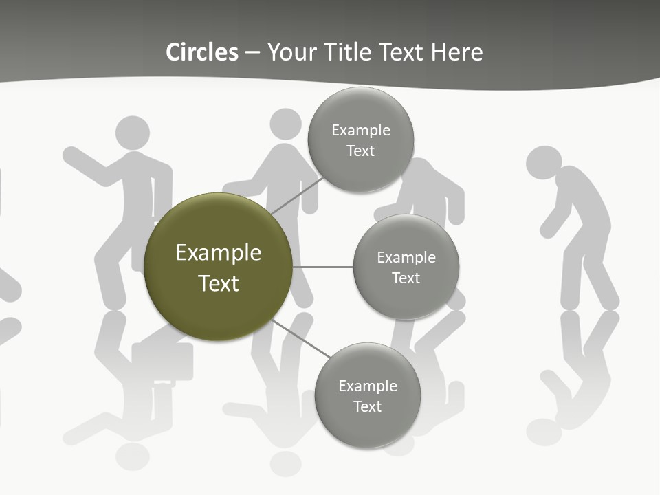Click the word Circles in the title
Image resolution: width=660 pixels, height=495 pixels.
pos(202,52)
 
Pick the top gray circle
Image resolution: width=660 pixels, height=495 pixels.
pos(361,110)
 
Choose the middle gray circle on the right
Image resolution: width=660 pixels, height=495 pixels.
pos(406,238)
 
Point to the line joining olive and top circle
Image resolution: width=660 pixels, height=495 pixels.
pos(297,196)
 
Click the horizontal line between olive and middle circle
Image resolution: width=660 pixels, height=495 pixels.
pos(323,267)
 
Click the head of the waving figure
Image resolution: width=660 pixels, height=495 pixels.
pos(133,133)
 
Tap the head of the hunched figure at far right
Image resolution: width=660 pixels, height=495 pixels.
pos(543,163)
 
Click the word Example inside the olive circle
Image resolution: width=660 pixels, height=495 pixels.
pos(219,253)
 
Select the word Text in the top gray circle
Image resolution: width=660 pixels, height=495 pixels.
pos(361,151)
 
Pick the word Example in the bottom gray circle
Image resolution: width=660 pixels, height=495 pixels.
pos(368,386)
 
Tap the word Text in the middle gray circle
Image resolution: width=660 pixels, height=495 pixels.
pos(406,278)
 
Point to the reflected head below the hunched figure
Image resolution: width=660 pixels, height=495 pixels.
pos(543,432)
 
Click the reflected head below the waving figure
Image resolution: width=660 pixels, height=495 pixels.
pos(133,456)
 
